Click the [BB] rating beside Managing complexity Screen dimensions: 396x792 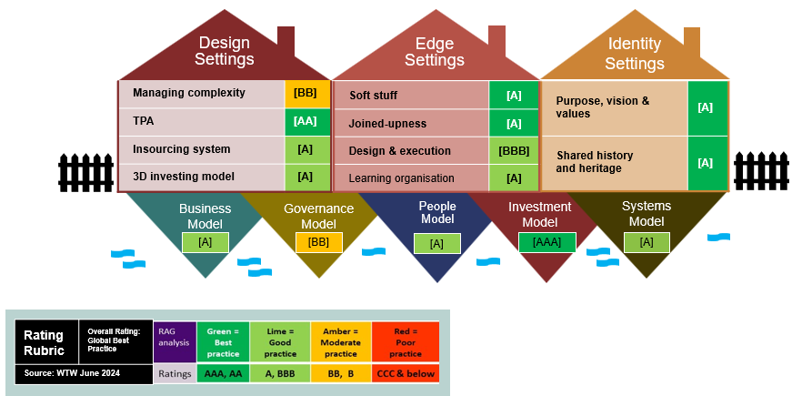pyautogui.click(x=306, y=93)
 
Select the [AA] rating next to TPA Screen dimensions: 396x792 pyautogui.click(x=306, y=121)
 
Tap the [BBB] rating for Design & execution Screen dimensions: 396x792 pyautogui.click(x=513, y=151)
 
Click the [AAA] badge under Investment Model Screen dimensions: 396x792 pyautogui.click(x=546, y=242)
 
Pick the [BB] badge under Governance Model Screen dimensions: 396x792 pyautogui.click(x=318, y=242)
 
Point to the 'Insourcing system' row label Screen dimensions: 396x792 pyautogui.click(x=181, y=148)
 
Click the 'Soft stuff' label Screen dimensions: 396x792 pyautogui.click(x=373, y=96)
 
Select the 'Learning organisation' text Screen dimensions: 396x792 pyautogui.click(x=396, y=178)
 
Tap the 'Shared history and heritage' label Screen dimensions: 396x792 pyautogui.click(x=595, y=162)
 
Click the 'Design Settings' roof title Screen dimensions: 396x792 pyautogui.click(x=225, y=51)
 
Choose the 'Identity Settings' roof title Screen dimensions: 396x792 pyautogui.click(x=634, y=54)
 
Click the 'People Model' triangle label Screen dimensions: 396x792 pyautogui.click(x=437, y=213)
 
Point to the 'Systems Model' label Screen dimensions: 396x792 pyautogui.click(x=647, y=214)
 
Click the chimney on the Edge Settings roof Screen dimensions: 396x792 pyautogui.click(x=496, y=39)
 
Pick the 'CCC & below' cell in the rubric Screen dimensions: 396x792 pyautogui.click(x=404, y=373)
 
